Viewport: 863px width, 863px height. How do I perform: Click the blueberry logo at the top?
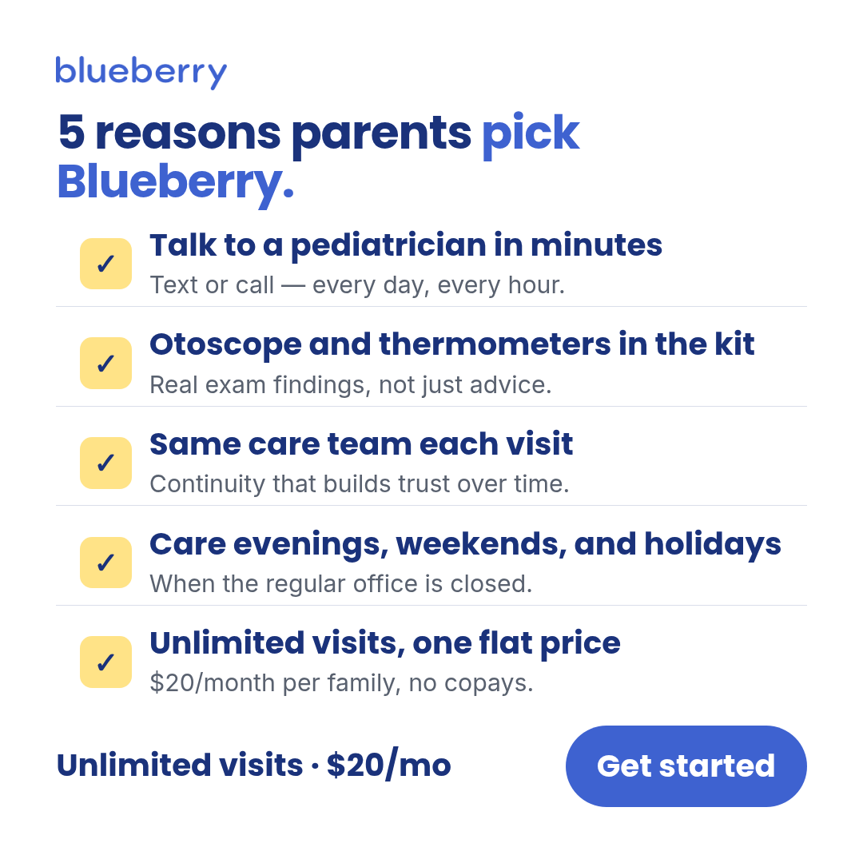[141, 72]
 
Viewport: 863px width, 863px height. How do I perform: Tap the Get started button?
[686, 766]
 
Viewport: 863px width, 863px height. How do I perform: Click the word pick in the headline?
[531, 133]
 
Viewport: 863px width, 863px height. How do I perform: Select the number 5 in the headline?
[72, 133]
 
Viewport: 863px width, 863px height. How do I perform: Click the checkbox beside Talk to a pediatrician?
[105, 264]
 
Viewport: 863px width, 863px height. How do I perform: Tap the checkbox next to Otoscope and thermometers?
[105, 364]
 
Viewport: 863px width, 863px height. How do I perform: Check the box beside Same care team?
[105, 463]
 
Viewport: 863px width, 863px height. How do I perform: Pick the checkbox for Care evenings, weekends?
[105, 563]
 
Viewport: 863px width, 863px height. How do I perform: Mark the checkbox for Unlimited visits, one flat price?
[105, 662]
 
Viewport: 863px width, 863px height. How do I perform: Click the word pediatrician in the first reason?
[388, 245]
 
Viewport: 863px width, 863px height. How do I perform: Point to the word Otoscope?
[225, 345]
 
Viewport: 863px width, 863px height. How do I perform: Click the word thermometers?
[495, 344]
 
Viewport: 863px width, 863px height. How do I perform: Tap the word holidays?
[713, 545]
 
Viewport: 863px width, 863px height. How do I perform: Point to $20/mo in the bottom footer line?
[388, 766]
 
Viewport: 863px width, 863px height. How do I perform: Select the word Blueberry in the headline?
[176, 183]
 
